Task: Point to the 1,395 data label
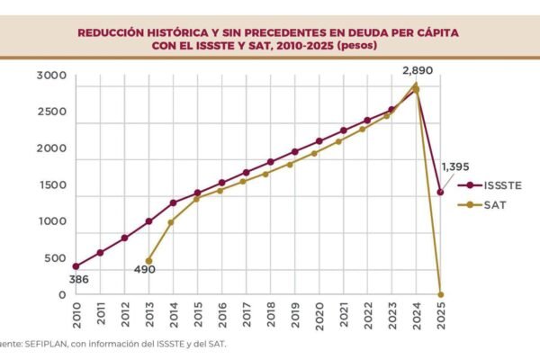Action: coord(455,168)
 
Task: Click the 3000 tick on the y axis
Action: coord(50,76)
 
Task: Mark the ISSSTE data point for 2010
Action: coord(76,266)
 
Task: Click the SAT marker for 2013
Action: coord(148,261)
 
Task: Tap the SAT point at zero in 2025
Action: coord(440,294)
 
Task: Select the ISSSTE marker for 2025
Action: coord(440,192)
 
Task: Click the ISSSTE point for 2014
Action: coord(173,202)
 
